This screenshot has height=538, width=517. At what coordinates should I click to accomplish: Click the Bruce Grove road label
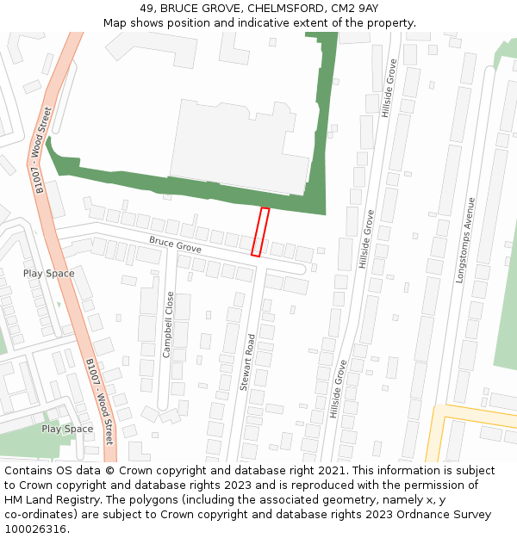(x=175, y=244)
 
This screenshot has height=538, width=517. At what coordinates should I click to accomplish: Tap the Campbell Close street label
(x=169, y=325)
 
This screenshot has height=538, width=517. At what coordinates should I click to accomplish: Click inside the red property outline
(x=260, y=232)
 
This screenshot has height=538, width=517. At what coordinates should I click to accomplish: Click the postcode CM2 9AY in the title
(x=355, y=8)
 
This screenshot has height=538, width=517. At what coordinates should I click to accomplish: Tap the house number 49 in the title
(x=146, y=8)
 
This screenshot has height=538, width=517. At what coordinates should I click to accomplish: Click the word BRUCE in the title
(x=179, y=8)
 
